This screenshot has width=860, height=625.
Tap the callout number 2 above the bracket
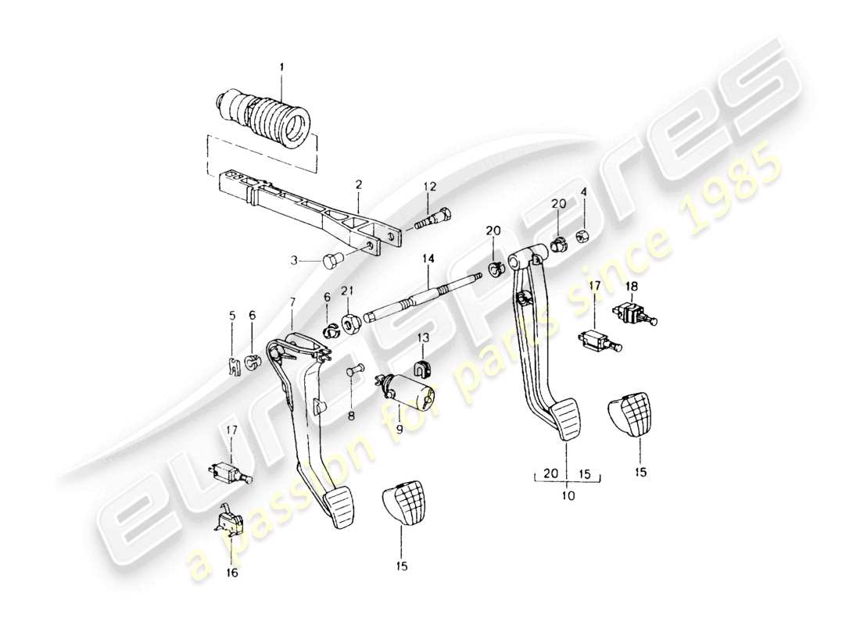coord(358,185)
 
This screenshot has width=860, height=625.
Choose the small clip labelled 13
coord(422,368)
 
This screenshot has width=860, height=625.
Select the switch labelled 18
coord(635,313)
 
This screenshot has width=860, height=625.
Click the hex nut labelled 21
coord(351,320)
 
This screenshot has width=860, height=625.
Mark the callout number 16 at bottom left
coord(232,573)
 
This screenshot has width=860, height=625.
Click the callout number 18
coord(632,287)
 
